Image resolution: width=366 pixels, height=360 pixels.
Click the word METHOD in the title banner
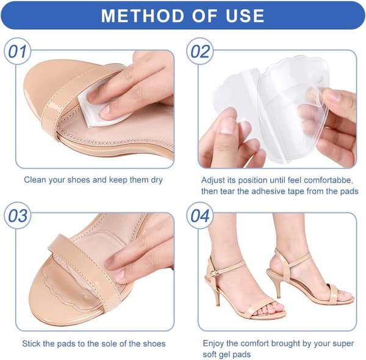coord(143,16)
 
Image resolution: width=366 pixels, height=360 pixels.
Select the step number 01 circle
coord(18,51)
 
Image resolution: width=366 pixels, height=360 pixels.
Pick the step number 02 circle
coord(200,51)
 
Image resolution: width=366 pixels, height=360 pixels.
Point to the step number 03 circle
coord(18,215)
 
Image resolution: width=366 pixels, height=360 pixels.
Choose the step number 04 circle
coord(200,215)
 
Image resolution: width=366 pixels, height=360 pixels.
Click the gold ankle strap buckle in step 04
coord(213,273)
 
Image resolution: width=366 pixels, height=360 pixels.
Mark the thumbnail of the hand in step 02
coord(226,126)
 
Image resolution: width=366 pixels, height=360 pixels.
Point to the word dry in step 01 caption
coord(156,180)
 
